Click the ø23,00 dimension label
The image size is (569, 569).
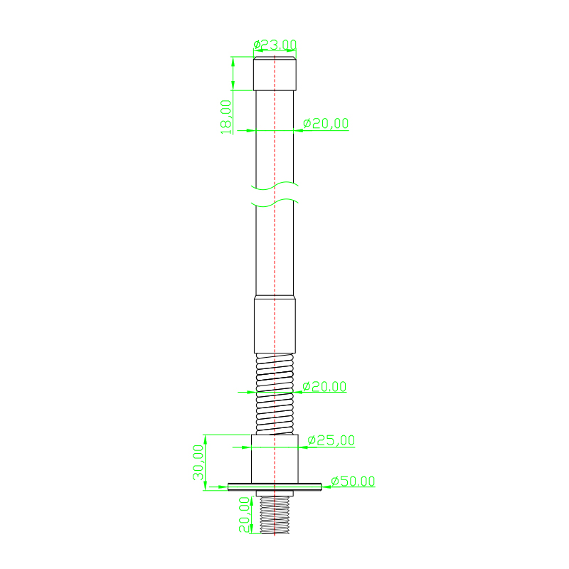pos(275,45)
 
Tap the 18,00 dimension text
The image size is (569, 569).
pos(225,117)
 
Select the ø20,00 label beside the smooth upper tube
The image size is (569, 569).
pos(326,123)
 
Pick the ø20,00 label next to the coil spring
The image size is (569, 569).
pos(324,386)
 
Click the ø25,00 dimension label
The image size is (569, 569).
pos(331,440)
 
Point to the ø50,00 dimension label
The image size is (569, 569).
pos(353,482)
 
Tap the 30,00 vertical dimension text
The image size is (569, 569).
pos(198,462)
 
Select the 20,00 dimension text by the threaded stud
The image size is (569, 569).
pos(244,514)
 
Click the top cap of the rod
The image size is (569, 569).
pos(275,74)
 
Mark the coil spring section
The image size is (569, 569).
pos(275,394)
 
